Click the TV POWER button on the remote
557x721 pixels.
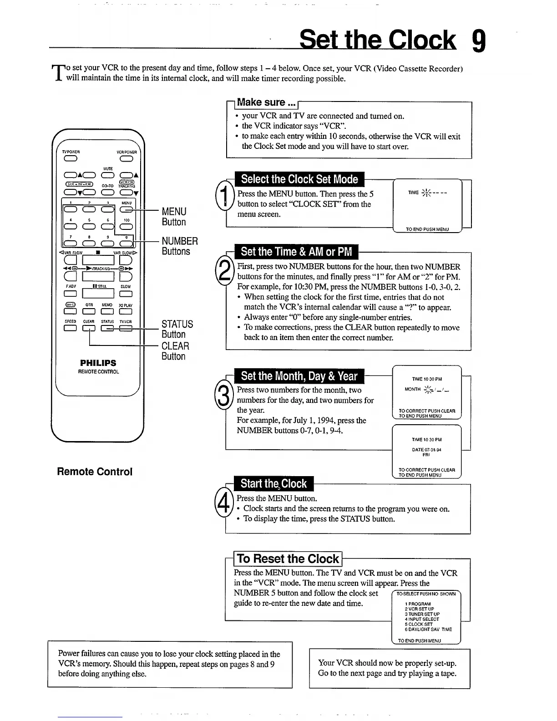pos(70,159)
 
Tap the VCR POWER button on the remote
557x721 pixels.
pos(126,159)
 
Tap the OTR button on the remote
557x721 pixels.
pos(89,311)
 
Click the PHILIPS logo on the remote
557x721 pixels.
pos(98,363)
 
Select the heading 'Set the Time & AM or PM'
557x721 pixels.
pos(296,252)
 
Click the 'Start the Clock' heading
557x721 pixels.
pos(273,483)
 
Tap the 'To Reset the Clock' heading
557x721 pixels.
pos(288,559)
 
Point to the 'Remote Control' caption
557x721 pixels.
pos(95,472)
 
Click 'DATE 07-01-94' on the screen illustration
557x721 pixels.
pos(426,449)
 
